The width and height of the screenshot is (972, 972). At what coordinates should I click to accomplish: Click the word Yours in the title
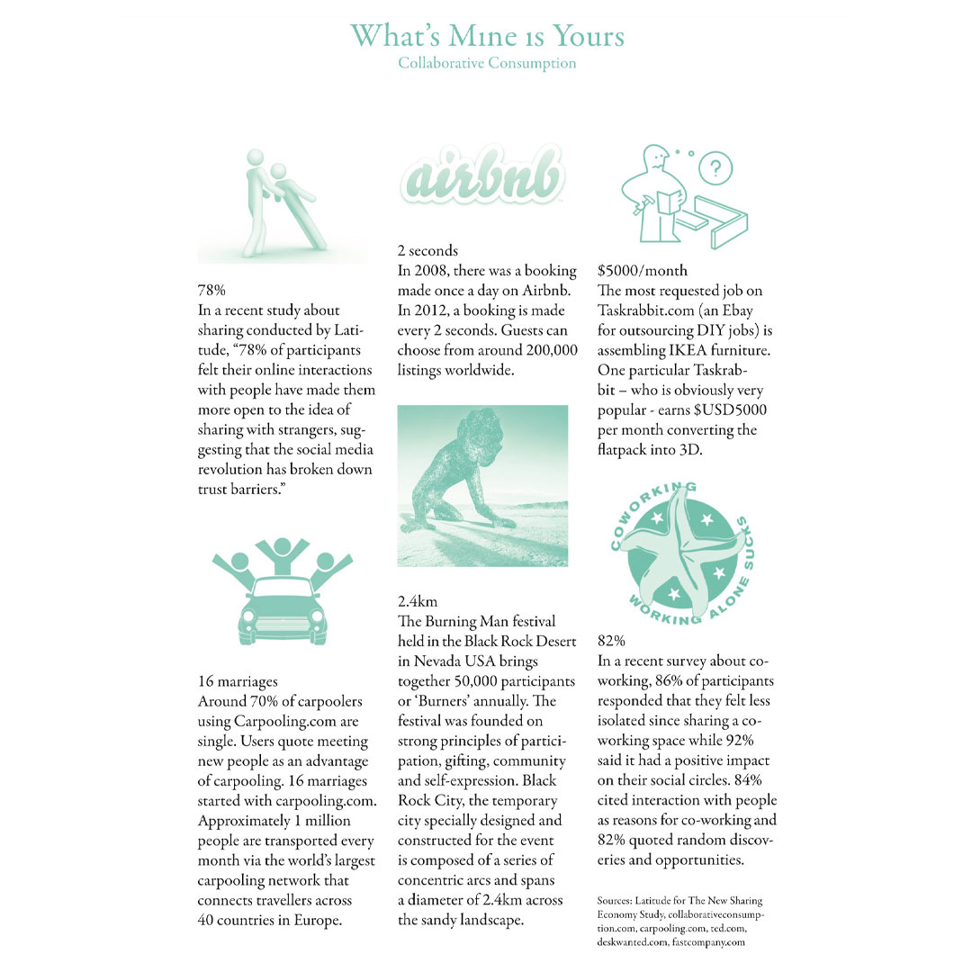[x=580, y=36]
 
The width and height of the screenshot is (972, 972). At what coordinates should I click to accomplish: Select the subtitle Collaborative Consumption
[x=487, y=63]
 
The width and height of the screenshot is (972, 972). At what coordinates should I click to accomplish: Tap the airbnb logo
[x=481, y=178]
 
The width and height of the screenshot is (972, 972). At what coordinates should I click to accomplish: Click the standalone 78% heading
[x=211, y=291]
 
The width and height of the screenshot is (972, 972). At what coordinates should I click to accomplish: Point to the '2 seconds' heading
[x=427, y=251]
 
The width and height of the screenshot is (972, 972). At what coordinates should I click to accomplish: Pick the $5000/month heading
[x=643, y=270]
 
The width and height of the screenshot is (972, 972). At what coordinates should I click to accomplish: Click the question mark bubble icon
[x=715, y=168]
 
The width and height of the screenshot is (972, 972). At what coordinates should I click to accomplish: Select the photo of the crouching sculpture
[x=482, y=486]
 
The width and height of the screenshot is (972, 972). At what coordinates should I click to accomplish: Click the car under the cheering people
[x=283, y=607]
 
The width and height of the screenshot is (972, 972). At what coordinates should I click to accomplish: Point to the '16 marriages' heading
[x=238, y=682]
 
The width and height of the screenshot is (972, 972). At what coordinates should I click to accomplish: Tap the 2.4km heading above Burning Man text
[x=418, y=601]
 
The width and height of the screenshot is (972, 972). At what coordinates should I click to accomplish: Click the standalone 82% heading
[x=611, y=641]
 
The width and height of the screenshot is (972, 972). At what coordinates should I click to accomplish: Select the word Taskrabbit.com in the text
[x=643, y=310]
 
